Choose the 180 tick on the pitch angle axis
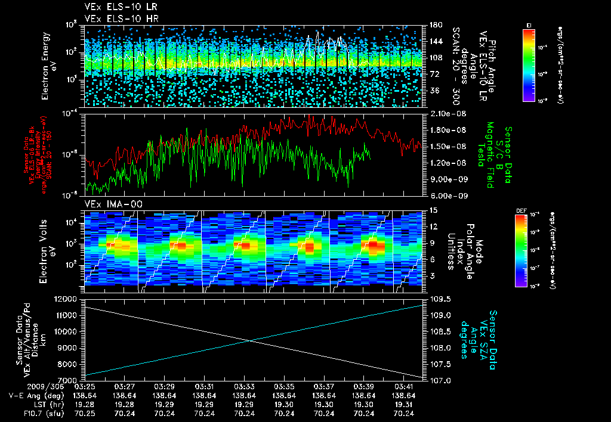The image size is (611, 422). [x=434, y=25]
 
